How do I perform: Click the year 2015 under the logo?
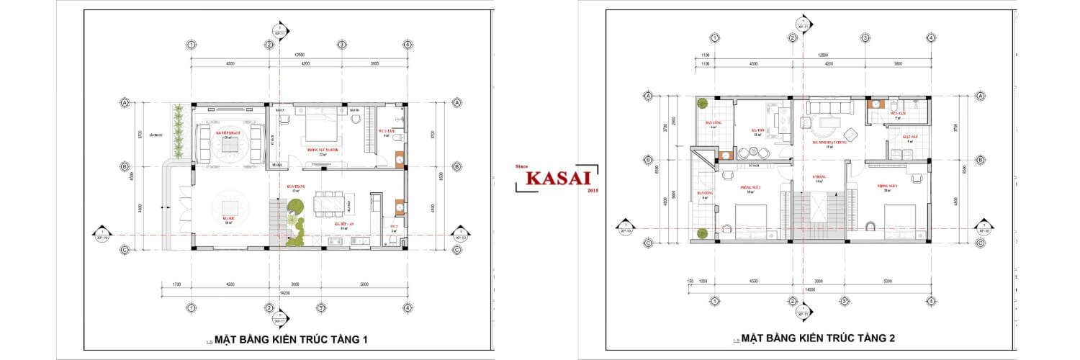tap(593, 191)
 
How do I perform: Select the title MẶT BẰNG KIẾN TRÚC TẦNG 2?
tap(818, 338)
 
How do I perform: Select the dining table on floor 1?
tap(330, 202)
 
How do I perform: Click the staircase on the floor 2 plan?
tap(819, 212)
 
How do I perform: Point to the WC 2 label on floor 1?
tap(395, 226)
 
